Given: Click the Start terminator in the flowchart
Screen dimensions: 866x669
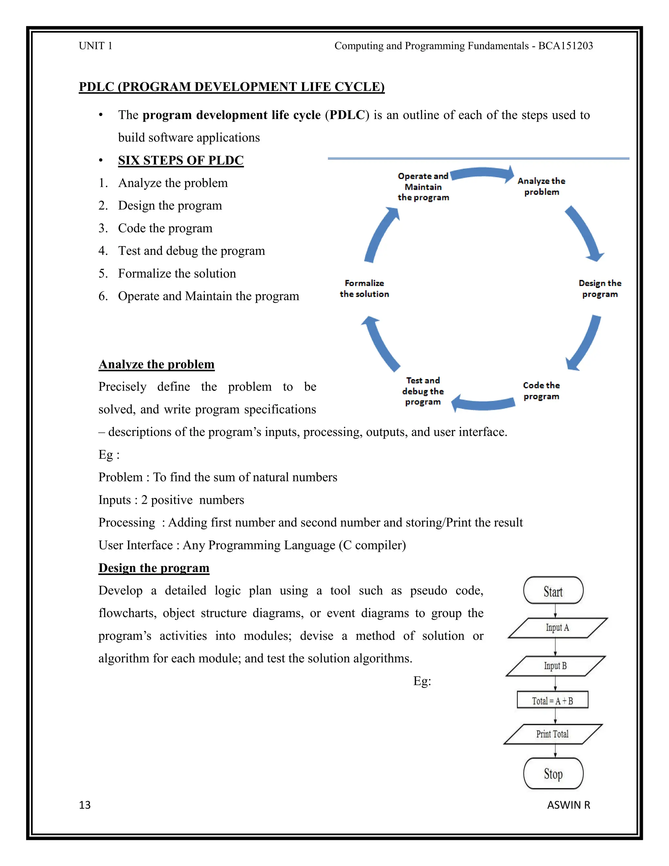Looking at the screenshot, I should [x=553, y=591].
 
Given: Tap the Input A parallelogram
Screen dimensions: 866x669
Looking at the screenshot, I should [x=557, y=628].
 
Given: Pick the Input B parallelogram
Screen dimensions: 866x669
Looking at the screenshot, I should [x=555, y=666].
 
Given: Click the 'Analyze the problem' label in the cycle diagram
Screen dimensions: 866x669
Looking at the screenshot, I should [x=541, y=186].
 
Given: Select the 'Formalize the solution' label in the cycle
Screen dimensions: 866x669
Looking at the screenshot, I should [x=364, y=288].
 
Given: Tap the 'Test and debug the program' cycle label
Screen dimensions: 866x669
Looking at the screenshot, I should [x=423, y=391].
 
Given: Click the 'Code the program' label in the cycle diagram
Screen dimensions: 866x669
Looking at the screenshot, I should [x=541, y=391].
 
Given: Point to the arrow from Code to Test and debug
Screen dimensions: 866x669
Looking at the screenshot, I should [x=483, y=403].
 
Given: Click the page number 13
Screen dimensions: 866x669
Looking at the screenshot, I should [x=85, y=805].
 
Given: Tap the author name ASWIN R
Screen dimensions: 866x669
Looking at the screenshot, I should [x=568, y=805].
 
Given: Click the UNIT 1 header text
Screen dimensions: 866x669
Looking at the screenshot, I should [x=95, y=46].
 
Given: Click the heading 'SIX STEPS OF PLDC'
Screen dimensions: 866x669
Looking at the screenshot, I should [x=181, y=160].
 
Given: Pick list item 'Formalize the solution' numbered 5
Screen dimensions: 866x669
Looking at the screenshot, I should [x=177, y=274].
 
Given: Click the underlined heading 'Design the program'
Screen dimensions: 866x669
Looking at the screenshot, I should [x=154, y=568].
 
